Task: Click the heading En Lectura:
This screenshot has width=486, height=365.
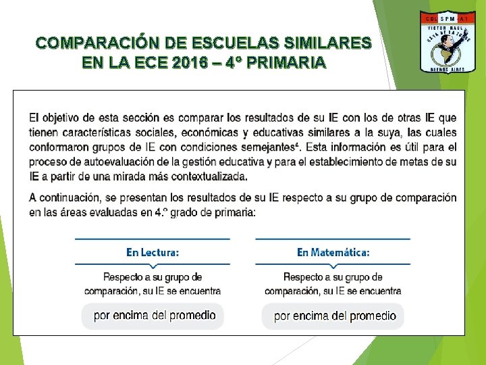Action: tap(153, 252)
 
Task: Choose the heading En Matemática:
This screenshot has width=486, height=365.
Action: tap(333, 252)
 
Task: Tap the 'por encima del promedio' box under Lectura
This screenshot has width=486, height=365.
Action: tap(154, 315)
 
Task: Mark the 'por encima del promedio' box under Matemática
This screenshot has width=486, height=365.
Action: tap(334, 316)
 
